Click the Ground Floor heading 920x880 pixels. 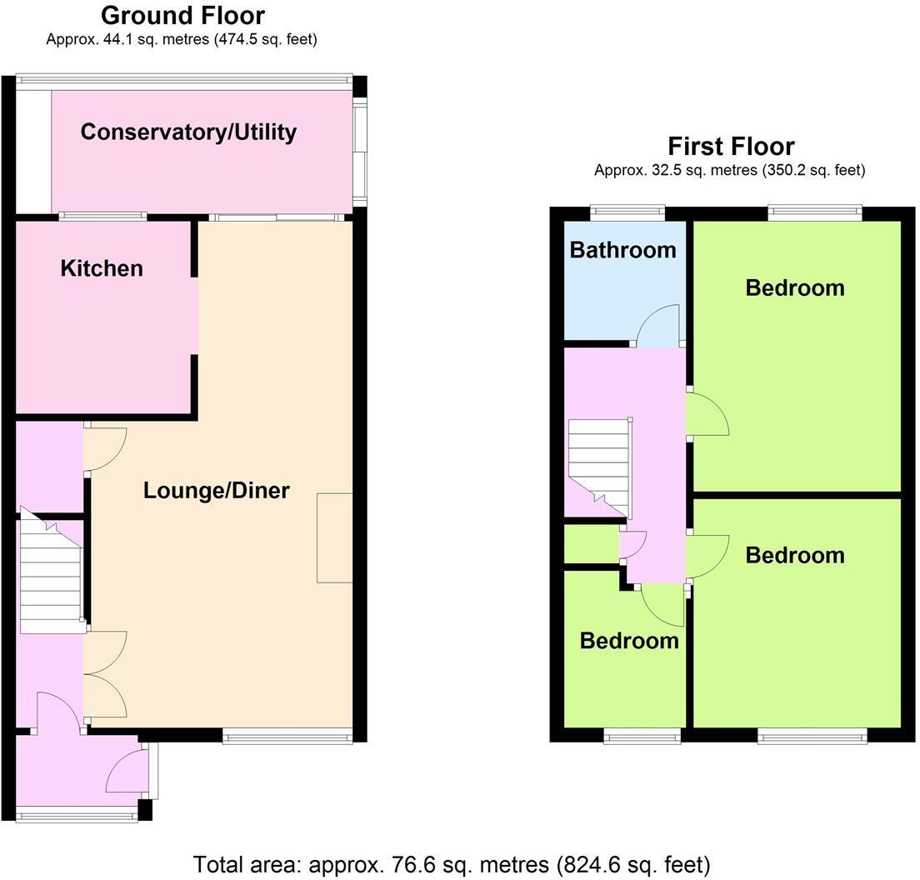click(182, 15)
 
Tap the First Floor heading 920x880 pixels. click(731, 147)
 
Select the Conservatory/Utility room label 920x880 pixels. click(188, 132)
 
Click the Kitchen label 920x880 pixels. click(102, 268)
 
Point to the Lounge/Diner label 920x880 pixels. click(216, 490)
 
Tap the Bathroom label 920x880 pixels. click(622, 250)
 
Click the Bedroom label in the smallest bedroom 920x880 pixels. click(629, 640)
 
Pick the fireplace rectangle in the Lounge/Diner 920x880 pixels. click(334, 537)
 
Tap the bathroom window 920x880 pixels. click(627, 212)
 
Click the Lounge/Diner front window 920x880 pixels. click(287, 735)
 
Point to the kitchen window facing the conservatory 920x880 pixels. click(102, 217)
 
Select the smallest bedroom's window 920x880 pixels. click(642, 735)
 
